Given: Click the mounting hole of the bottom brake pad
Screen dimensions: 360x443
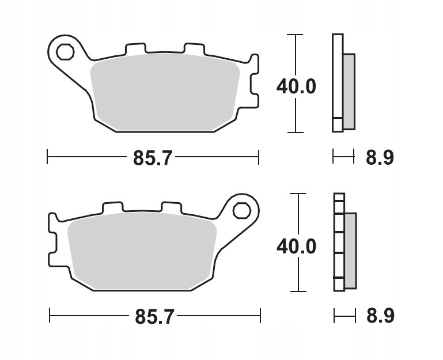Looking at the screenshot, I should point(241,211).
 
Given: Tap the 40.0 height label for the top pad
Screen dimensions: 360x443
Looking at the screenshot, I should point(296,86).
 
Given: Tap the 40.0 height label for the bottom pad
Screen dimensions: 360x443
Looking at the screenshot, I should point(296,246).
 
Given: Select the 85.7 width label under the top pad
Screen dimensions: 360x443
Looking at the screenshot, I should point(153,158).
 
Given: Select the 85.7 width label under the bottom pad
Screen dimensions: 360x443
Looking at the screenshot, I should point(154,316).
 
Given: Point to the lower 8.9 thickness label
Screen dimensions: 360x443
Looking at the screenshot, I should point(380,316).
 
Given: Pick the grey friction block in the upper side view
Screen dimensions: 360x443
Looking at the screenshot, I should point(349,90).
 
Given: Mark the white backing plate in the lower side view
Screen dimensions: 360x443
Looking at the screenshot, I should point(339,242).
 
